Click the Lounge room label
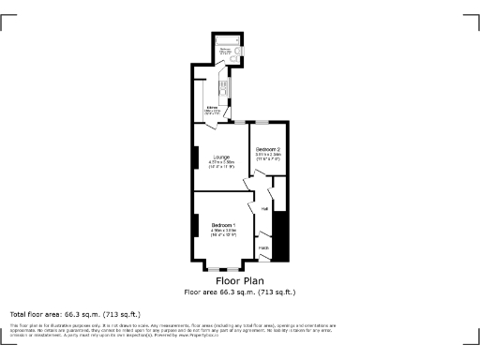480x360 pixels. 220,156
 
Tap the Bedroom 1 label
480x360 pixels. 222,226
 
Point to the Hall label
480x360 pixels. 265,208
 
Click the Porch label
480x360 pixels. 264,247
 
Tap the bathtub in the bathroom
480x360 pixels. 226,40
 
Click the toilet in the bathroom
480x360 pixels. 240,52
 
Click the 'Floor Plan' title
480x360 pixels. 240,280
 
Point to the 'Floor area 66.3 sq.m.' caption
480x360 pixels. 240,292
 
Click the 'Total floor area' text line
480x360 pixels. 75,313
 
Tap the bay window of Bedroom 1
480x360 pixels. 224,268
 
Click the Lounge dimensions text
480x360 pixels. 220,164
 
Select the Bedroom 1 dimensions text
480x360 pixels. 222,232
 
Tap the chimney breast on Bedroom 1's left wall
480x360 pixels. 195,226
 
